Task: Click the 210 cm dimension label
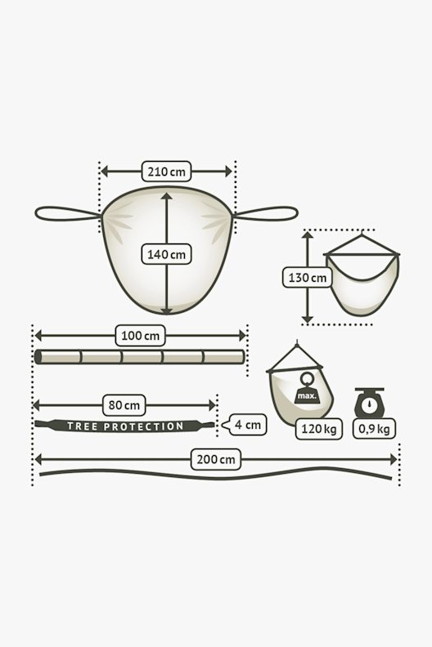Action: (166, 172)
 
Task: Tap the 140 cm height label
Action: (166, 254)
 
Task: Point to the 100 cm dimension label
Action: (140, 336)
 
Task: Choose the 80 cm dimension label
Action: (124, 405)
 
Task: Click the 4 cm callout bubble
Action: (245, 425)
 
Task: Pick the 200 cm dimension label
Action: (216, 459)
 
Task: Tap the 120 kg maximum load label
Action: (319, 429)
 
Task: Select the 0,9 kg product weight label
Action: (374, 429)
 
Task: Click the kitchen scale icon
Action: (369, 402)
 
